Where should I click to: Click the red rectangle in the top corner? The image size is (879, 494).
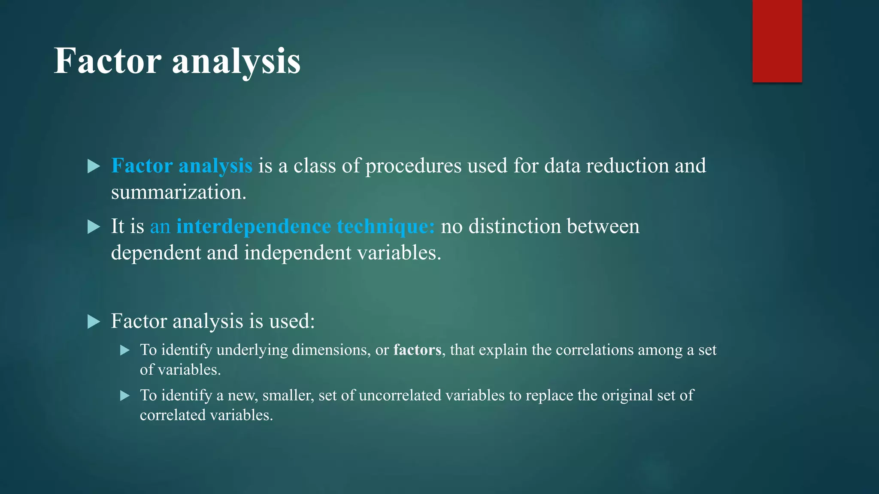tap(777, 41)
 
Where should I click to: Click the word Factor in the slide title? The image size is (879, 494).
tap(107, 61)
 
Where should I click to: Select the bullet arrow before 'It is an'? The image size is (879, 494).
tap(93, 226)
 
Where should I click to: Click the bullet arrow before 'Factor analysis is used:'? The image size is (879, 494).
tap(93, 321)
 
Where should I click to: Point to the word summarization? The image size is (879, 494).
tap(179, 192)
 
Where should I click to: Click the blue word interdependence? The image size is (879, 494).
tap(254, 226)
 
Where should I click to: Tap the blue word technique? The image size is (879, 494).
tap(386, 226)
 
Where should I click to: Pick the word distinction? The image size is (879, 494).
tap(515, 226)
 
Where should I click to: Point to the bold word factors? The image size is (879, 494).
tap(417, 350)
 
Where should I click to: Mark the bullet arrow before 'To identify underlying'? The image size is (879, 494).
tap(125, 350)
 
